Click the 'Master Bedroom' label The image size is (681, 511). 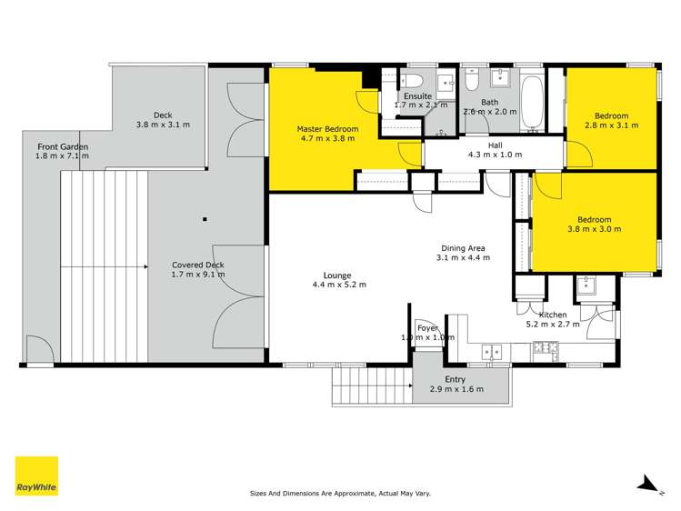pyautogui.click(x=327, y=129)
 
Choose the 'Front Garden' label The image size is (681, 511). pyautogui.click(x=63, y=146)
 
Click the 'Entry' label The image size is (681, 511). pyautogui.click(x=456, y=379)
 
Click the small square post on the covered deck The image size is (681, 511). pyautogui.click(x=206, y=218)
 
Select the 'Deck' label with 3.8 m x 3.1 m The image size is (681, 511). pyautogui.click(x=163, y=115)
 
